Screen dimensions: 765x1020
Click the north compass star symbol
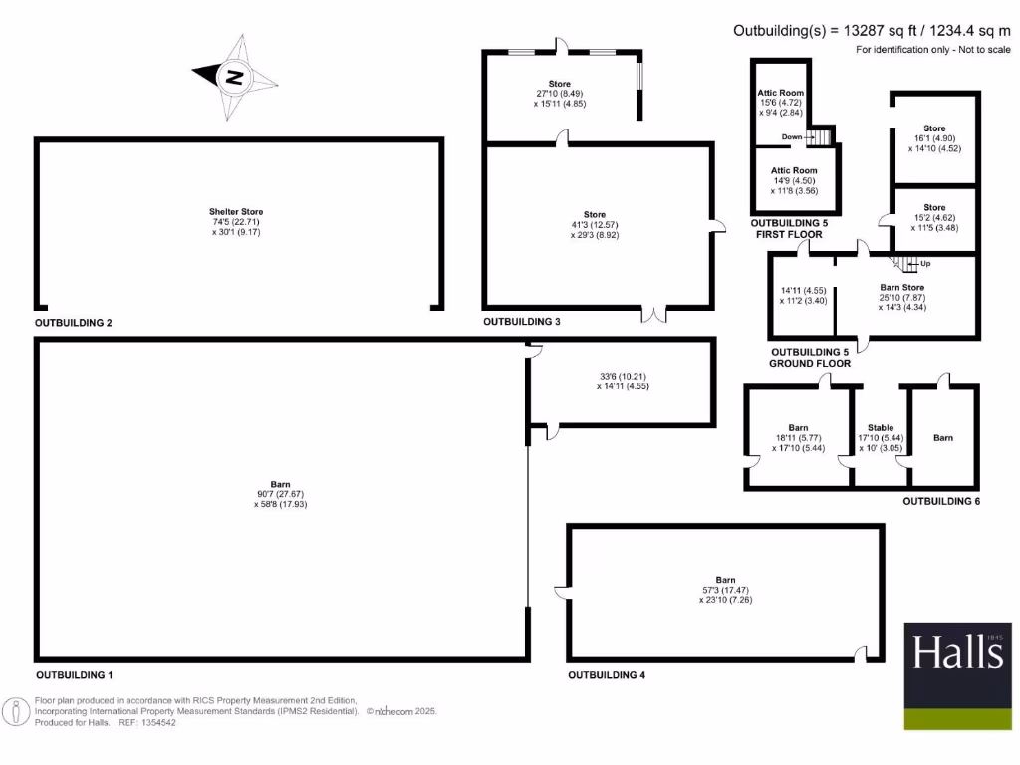click(x=234, y=76)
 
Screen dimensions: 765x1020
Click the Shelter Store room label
click(x=236, y=212)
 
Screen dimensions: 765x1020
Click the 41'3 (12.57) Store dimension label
click(x=595, y=225)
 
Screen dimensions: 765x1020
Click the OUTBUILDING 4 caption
click(x=607, y=675)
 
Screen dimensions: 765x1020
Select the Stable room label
click(x=881, y=427)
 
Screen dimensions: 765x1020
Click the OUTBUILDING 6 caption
click(x=941, y=501)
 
